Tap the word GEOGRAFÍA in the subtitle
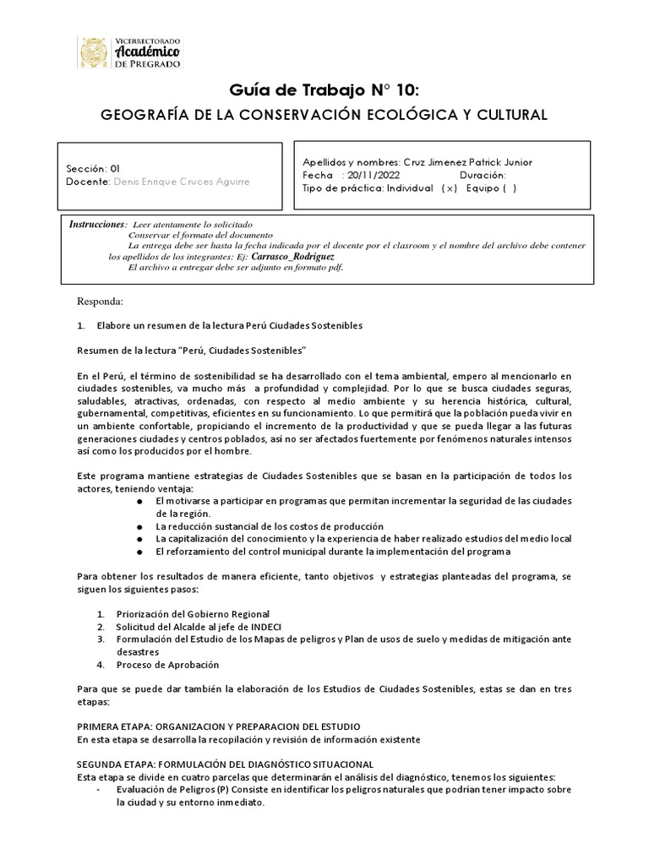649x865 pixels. [137, 114]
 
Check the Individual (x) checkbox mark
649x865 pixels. [449, 188]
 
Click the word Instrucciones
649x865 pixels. [97, 224]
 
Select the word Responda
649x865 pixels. [100, 302]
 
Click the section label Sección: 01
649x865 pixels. [93, 168]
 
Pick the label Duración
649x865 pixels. [483, 175]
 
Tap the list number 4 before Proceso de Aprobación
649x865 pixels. [101, 665]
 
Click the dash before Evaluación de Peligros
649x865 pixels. [100, 789]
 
